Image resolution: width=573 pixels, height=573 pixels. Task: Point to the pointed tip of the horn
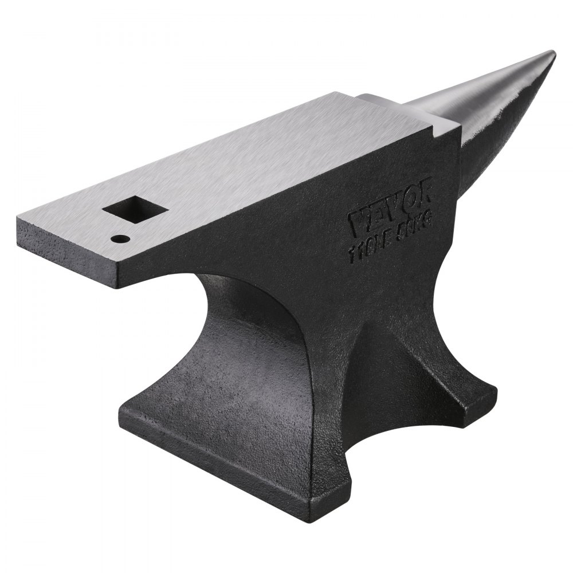tap(551, 54)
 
